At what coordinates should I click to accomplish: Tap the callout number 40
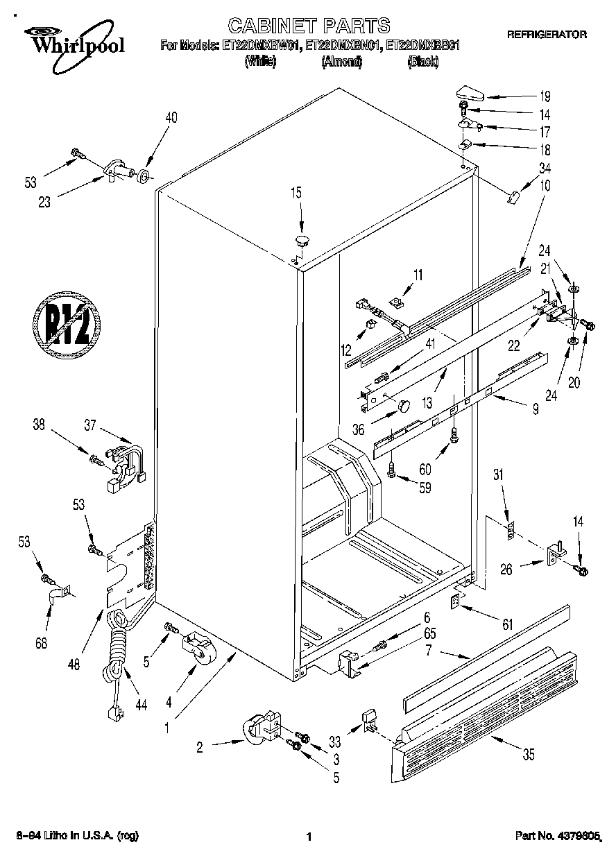pyautogui.click(x=171, y=118)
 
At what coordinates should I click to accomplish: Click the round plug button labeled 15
pyautogui.click(x=302, y=241)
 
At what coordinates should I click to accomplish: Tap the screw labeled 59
pyautogui.click(x=392, y=471)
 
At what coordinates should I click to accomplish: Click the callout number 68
pyautogui.click(x=42, y=642)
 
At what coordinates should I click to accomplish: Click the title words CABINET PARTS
pyautogui.click(x=309, y=26)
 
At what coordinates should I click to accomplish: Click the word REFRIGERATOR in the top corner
pyautogui.click(x=547, y=33)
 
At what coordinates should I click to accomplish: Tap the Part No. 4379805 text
pyautogui.click(x=557, y=836)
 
